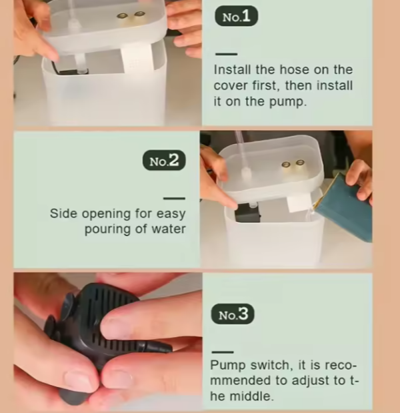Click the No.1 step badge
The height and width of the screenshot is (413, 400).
tap(236, 16)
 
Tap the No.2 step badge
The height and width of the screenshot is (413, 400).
tap(164, 160)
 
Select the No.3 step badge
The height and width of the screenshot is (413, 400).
tap(233, 314)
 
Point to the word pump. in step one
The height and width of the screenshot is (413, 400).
tap(287, 101)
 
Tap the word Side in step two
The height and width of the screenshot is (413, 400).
tap(63, 214)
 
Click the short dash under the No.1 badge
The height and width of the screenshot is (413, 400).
tap(226, 54)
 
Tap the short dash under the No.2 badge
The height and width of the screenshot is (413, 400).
tap(174, 198)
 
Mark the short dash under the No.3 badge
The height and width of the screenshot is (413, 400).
tap(223, 352)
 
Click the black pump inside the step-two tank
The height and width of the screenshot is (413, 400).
tap(246, 213)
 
